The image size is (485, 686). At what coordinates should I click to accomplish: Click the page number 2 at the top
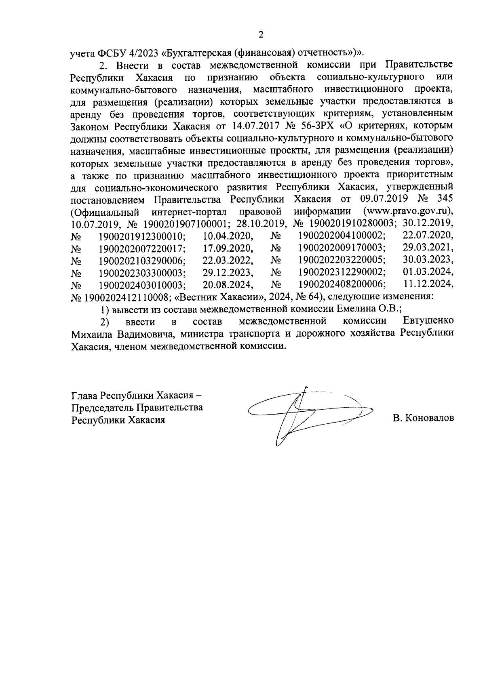261,35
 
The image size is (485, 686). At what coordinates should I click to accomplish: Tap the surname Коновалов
423,418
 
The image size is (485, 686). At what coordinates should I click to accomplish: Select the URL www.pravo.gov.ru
407,211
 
